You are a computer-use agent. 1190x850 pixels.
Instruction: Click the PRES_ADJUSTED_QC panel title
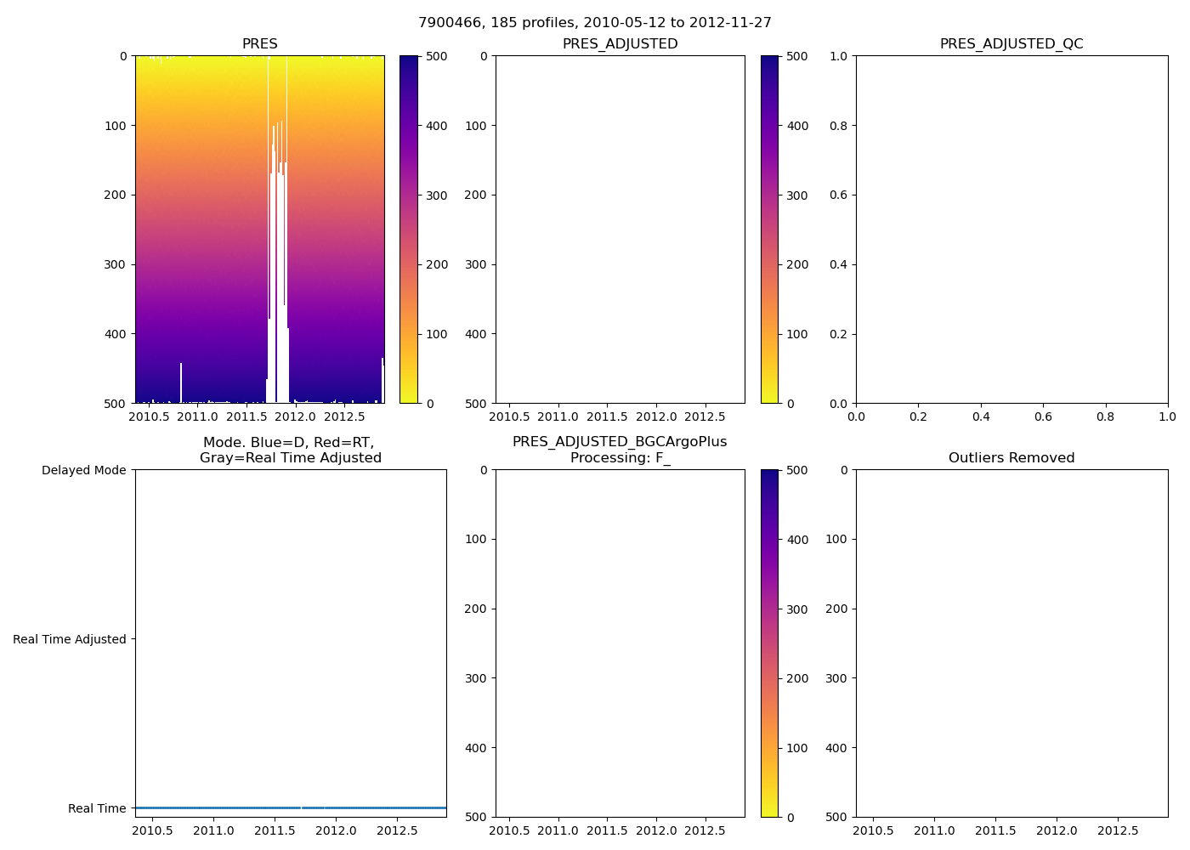(x=1011, y=44)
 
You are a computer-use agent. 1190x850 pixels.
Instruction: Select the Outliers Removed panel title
(x=1011, y=458)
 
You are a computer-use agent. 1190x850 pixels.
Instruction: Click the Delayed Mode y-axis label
(x=84, y=470)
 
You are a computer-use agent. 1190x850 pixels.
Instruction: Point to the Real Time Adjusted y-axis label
(x=70, y=639)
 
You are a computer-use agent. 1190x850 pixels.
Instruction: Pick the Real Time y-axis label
(x=97, y=808)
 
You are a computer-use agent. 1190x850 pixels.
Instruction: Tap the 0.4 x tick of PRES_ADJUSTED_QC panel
(x=981, y=416)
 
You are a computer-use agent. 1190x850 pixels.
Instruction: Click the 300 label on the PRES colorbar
(x=437, y=195)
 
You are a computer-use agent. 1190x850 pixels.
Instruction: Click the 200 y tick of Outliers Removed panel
(x=836, y=609)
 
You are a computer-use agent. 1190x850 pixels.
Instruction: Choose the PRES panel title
(x=260, y=44)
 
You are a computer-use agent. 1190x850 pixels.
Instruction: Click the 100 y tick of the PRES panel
(x=117, y=126)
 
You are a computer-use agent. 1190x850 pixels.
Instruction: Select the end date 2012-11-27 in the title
(x=730, y=23)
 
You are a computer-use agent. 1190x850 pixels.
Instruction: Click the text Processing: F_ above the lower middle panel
(x=620, y=458)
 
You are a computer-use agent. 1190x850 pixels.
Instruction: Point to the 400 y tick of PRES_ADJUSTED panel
(x=476, y=334)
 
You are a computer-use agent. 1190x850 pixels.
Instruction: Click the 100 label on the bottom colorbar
(x=797, y=748)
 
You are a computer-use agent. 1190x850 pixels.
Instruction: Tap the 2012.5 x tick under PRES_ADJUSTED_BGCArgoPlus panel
(x=705, y=830)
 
